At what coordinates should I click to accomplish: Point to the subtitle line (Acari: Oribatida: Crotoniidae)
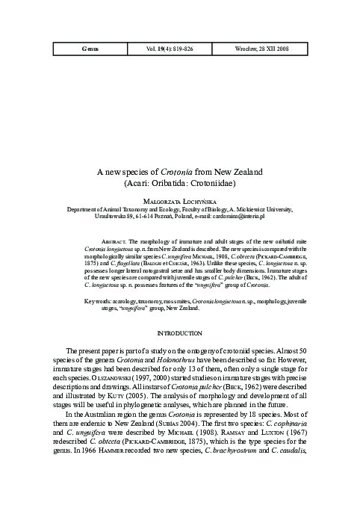180,182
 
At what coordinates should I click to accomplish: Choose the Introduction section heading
180,332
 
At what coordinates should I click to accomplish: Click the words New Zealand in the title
232,172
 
